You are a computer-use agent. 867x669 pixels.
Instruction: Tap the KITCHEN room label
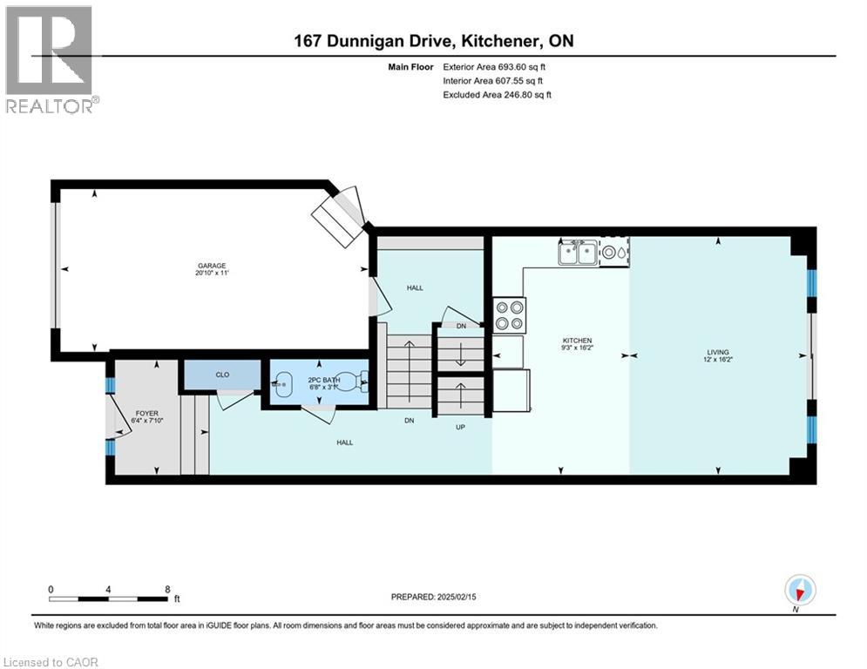pos(578,341)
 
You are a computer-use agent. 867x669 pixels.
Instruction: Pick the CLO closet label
pos(221,375)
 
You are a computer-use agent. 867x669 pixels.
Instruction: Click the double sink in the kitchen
pos(577,253)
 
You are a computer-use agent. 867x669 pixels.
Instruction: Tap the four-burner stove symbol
pos(509,315)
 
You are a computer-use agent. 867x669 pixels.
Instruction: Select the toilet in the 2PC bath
pos(352,381)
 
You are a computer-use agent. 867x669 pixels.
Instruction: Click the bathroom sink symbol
pos(284,383)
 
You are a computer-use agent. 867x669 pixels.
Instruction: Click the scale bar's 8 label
pos(166,589)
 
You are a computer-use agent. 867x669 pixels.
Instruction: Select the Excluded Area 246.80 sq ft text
pos(498,94)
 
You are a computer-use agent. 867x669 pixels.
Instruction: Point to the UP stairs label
pos(459,428)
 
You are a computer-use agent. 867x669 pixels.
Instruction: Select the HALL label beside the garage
pos(415,287)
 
